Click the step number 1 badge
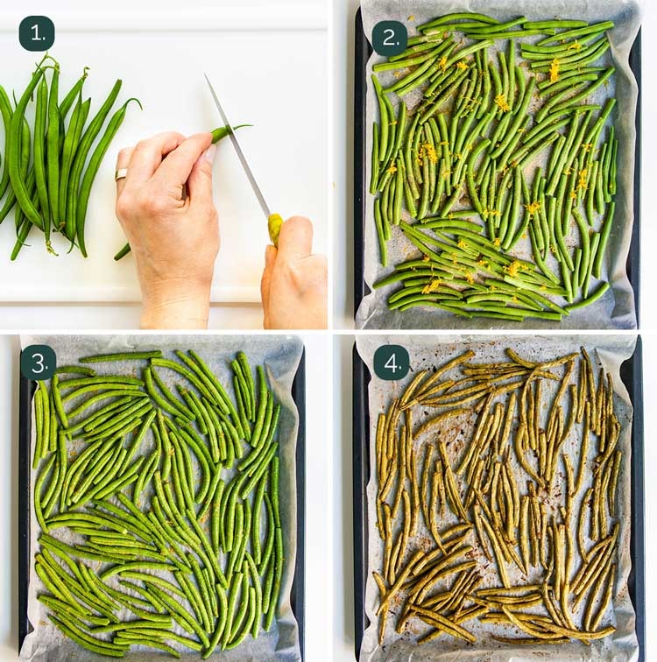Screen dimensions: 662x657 coord(37,33)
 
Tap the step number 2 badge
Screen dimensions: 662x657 coord(390,39)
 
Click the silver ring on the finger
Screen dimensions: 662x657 coord(121,174)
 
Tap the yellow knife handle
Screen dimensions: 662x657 coord(275,229)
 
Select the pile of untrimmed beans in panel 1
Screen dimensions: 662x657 coord(53,158)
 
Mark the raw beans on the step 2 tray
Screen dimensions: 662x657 coord(495,166)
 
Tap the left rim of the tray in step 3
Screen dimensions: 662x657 coord(25,508)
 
